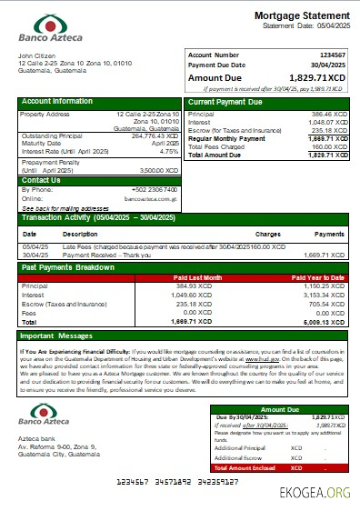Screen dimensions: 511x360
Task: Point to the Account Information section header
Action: [x=57, y=101]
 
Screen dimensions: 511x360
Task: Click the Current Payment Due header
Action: [x=225, y=101]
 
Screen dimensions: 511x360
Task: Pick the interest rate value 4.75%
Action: [x=168, y=151]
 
